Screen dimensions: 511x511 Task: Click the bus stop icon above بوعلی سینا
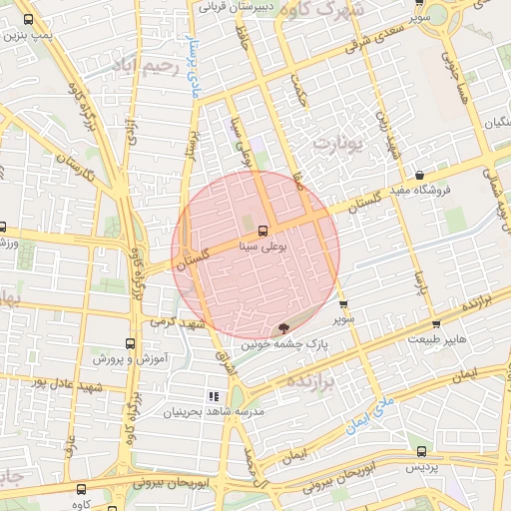(262, 229)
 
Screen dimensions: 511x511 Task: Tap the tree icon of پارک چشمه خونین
(284, 326)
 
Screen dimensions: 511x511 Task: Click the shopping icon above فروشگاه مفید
(419, 175)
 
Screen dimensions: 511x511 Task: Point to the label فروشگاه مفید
(420, 189)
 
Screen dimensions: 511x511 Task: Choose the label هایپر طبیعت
(435, 339)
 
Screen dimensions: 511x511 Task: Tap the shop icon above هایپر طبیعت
(436, 324)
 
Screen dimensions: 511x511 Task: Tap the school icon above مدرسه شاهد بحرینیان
(214, 396)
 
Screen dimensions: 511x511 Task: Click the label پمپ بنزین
(27, 34)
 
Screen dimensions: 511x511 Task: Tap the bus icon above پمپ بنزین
(27, 19)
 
